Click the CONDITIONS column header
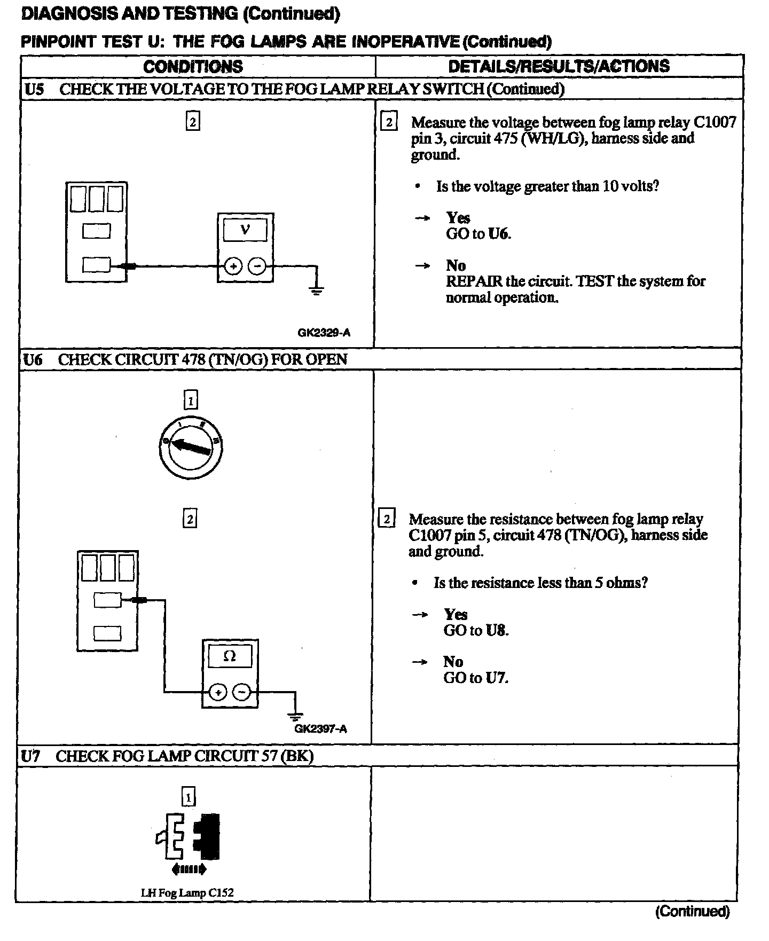click(193, 66)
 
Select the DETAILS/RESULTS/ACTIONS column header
click(559, 66)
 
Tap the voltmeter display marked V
click(245, 230)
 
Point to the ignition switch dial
click(191, 447)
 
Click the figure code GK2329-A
click(324, 333)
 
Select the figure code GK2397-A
click(320, 728)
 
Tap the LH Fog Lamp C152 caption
click(187, 892)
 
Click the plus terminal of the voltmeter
click(233, 266)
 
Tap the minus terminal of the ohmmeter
click(242, 693)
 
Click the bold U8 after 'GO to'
click(496, 630)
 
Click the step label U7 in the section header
click(31, 756)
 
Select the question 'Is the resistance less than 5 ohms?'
click(540, 583)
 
